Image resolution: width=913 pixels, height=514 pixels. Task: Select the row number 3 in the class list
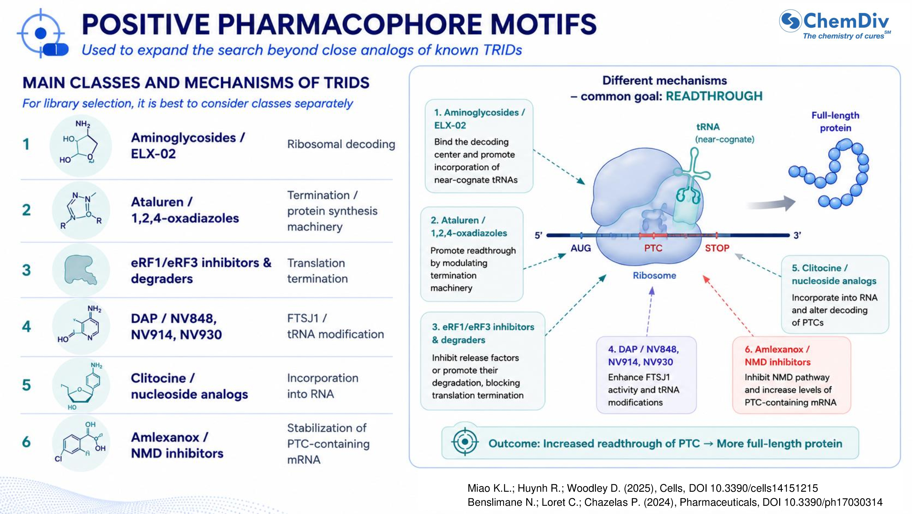(27, 270)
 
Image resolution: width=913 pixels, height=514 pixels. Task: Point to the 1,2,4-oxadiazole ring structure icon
(81, 210)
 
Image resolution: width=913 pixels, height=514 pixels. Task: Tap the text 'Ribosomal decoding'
(341, 144)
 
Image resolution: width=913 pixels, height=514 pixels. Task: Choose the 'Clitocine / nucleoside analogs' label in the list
(189, 386)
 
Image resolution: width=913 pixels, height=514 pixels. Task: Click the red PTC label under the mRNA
(653, 248)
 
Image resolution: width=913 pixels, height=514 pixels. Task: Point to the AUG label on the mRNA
(581, 248)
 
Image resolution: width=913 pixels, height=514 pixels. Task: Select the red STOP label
(717, 248)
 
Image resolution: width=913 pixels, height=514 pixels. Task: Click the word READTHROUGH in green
(714, 96)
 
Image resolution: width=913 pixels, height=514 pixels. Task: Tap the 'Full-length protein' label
(835, 122)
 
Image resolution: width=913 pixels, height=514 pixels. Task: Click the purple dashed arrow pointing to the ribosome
(650, 311)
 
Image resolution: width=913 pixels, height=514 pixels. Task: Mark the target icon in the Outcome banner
(465, 442)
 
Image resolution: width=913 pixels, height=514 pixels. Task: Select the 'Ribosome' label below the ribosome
(654, 275)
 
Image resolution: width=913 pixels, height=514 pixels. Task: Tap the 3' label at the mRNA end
(797, 235)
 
